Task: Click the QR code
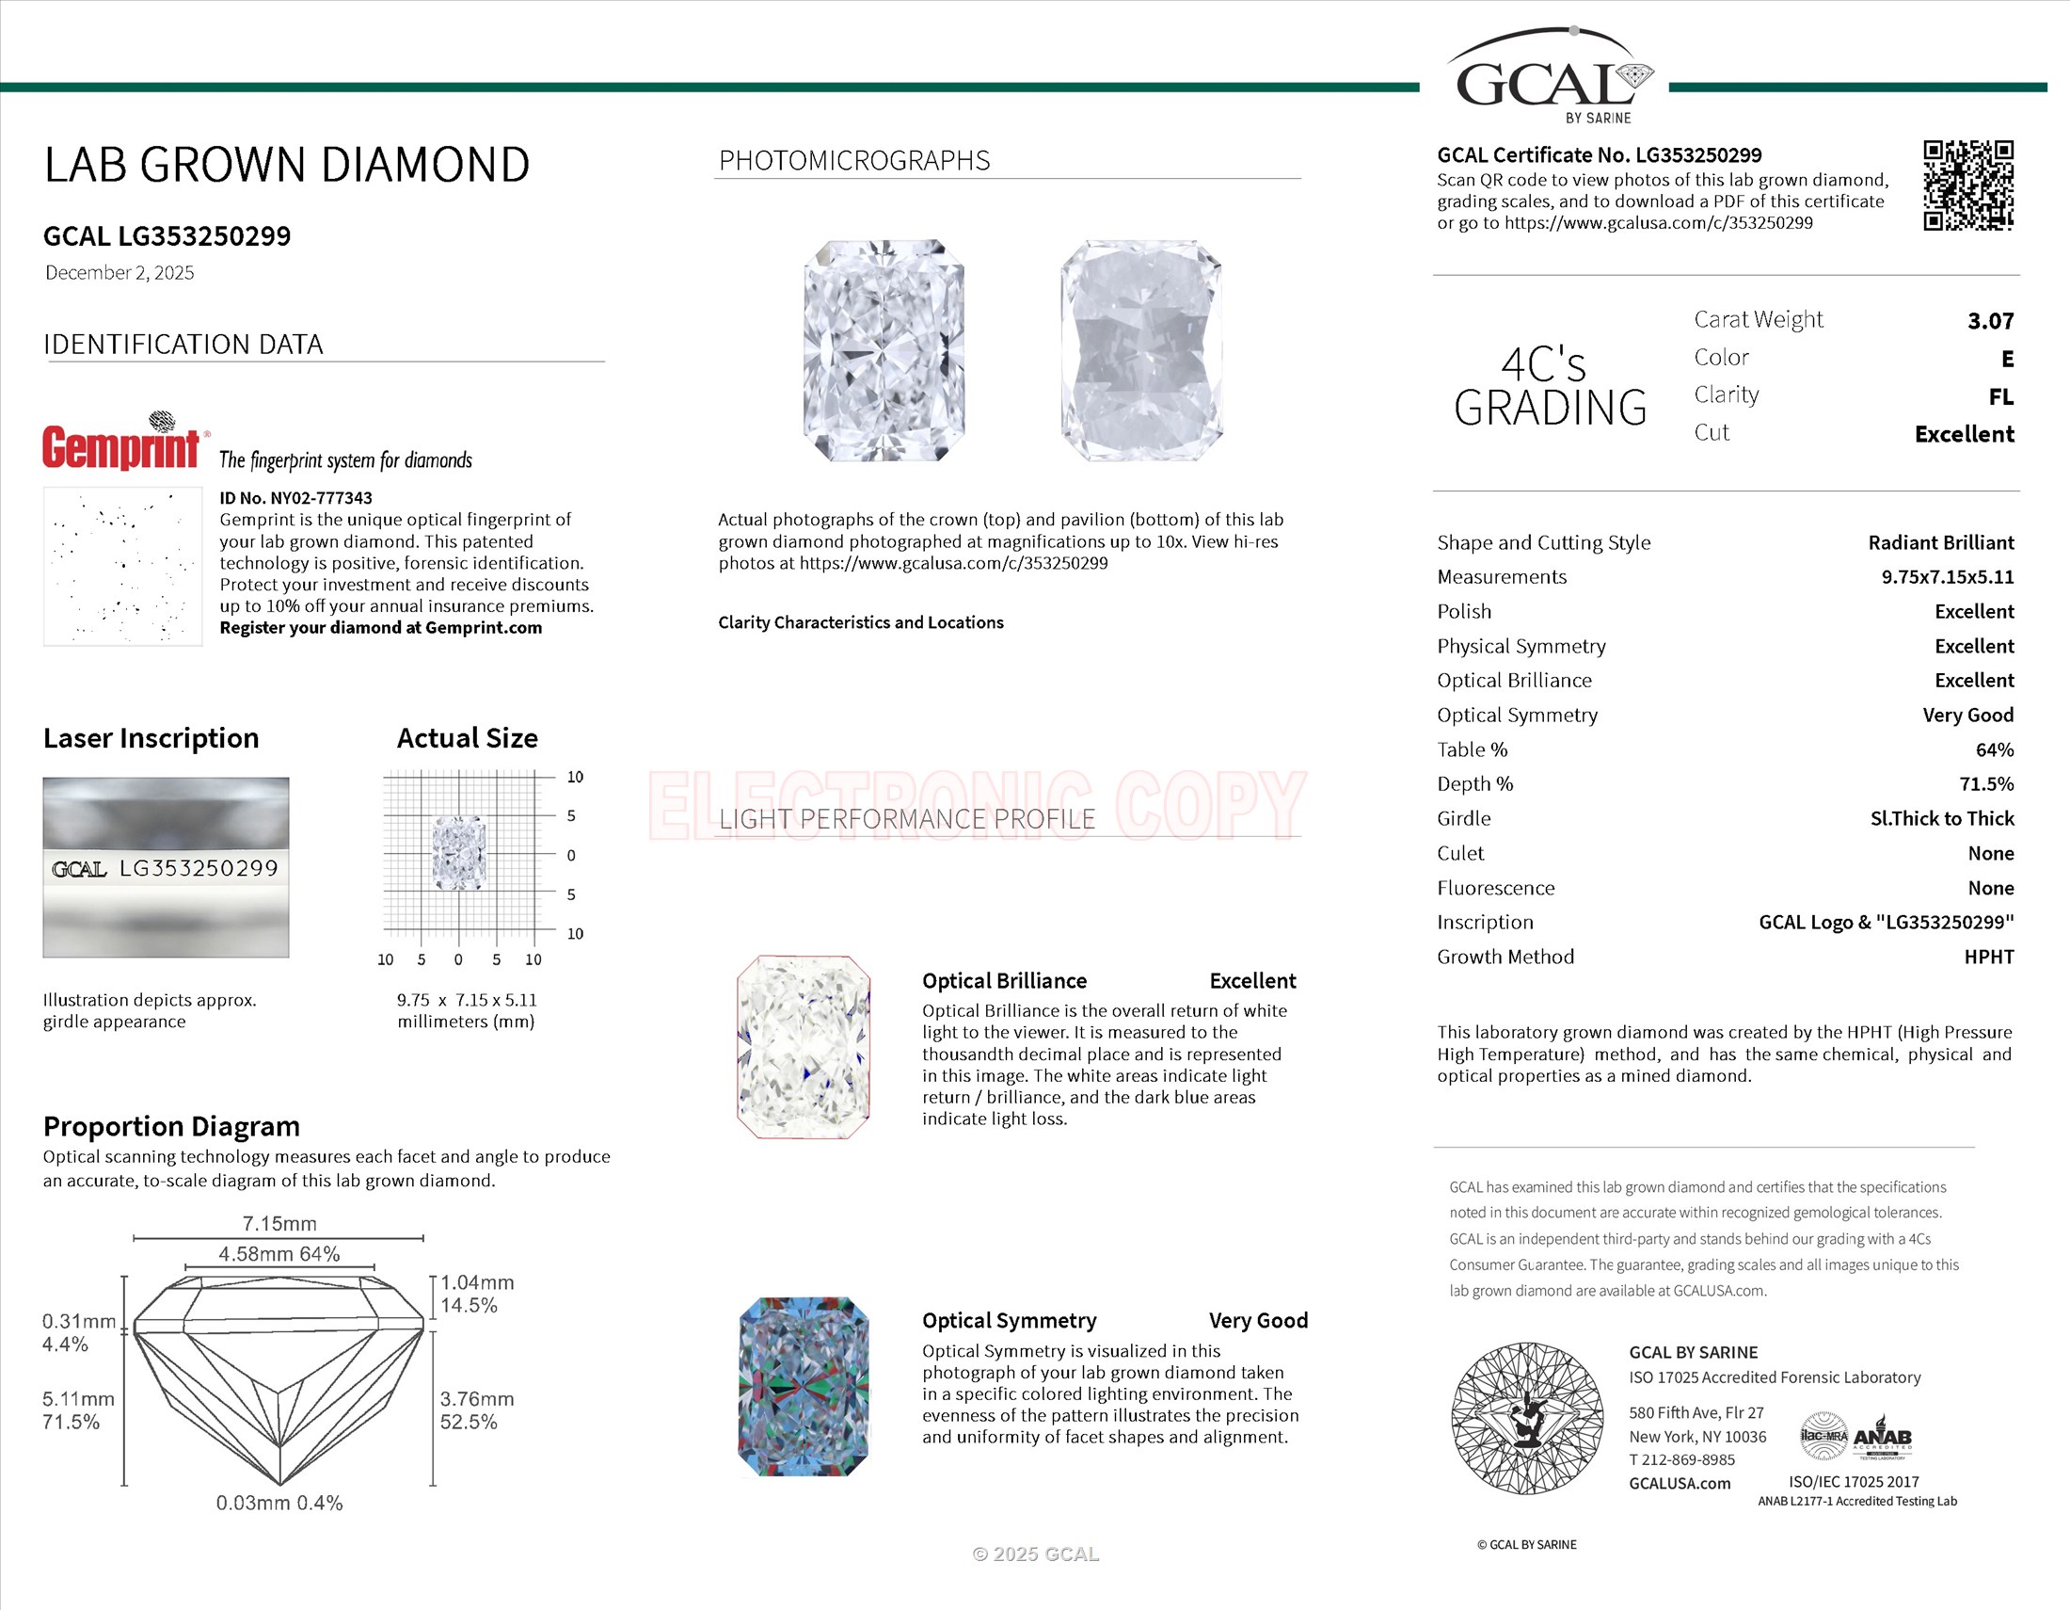tap(1967, 185)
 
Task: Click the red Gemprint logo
tap(121, 445)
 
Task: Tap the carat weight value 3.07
tap(1990, 320)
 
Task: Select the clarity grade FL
tap(2000, 396)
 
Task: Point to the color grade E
tap(2007, 359)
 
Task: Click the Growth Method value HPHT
tap(1988, 957)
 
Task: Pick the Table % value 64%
tap(1994, 749)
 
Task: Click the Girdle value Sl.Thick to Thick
tap(1941, 818)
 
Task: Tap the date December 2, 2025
tap(119, 273)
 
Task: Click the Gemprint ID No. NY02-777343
tap(295, 498)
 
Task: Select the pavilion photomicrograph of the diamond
tap(1141, 351)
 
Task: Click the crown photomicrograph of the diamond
tap(884, 351)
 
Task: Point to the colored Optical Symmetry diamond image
tap(803, 1386)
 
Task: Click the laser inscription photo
tap(166, 866)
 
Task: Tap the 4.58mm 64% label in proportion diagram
tap(279, 1253)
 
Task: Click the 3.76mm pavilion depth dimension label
tap(477, 1398)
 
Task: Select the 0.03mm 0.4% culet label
tap(279, 1503)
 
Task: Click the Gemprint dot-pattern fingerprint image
tap(122, 566)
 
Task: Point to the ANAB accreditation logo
tap(1882, 1439)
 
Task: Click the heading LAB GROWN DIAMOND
tap(286, 165)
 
